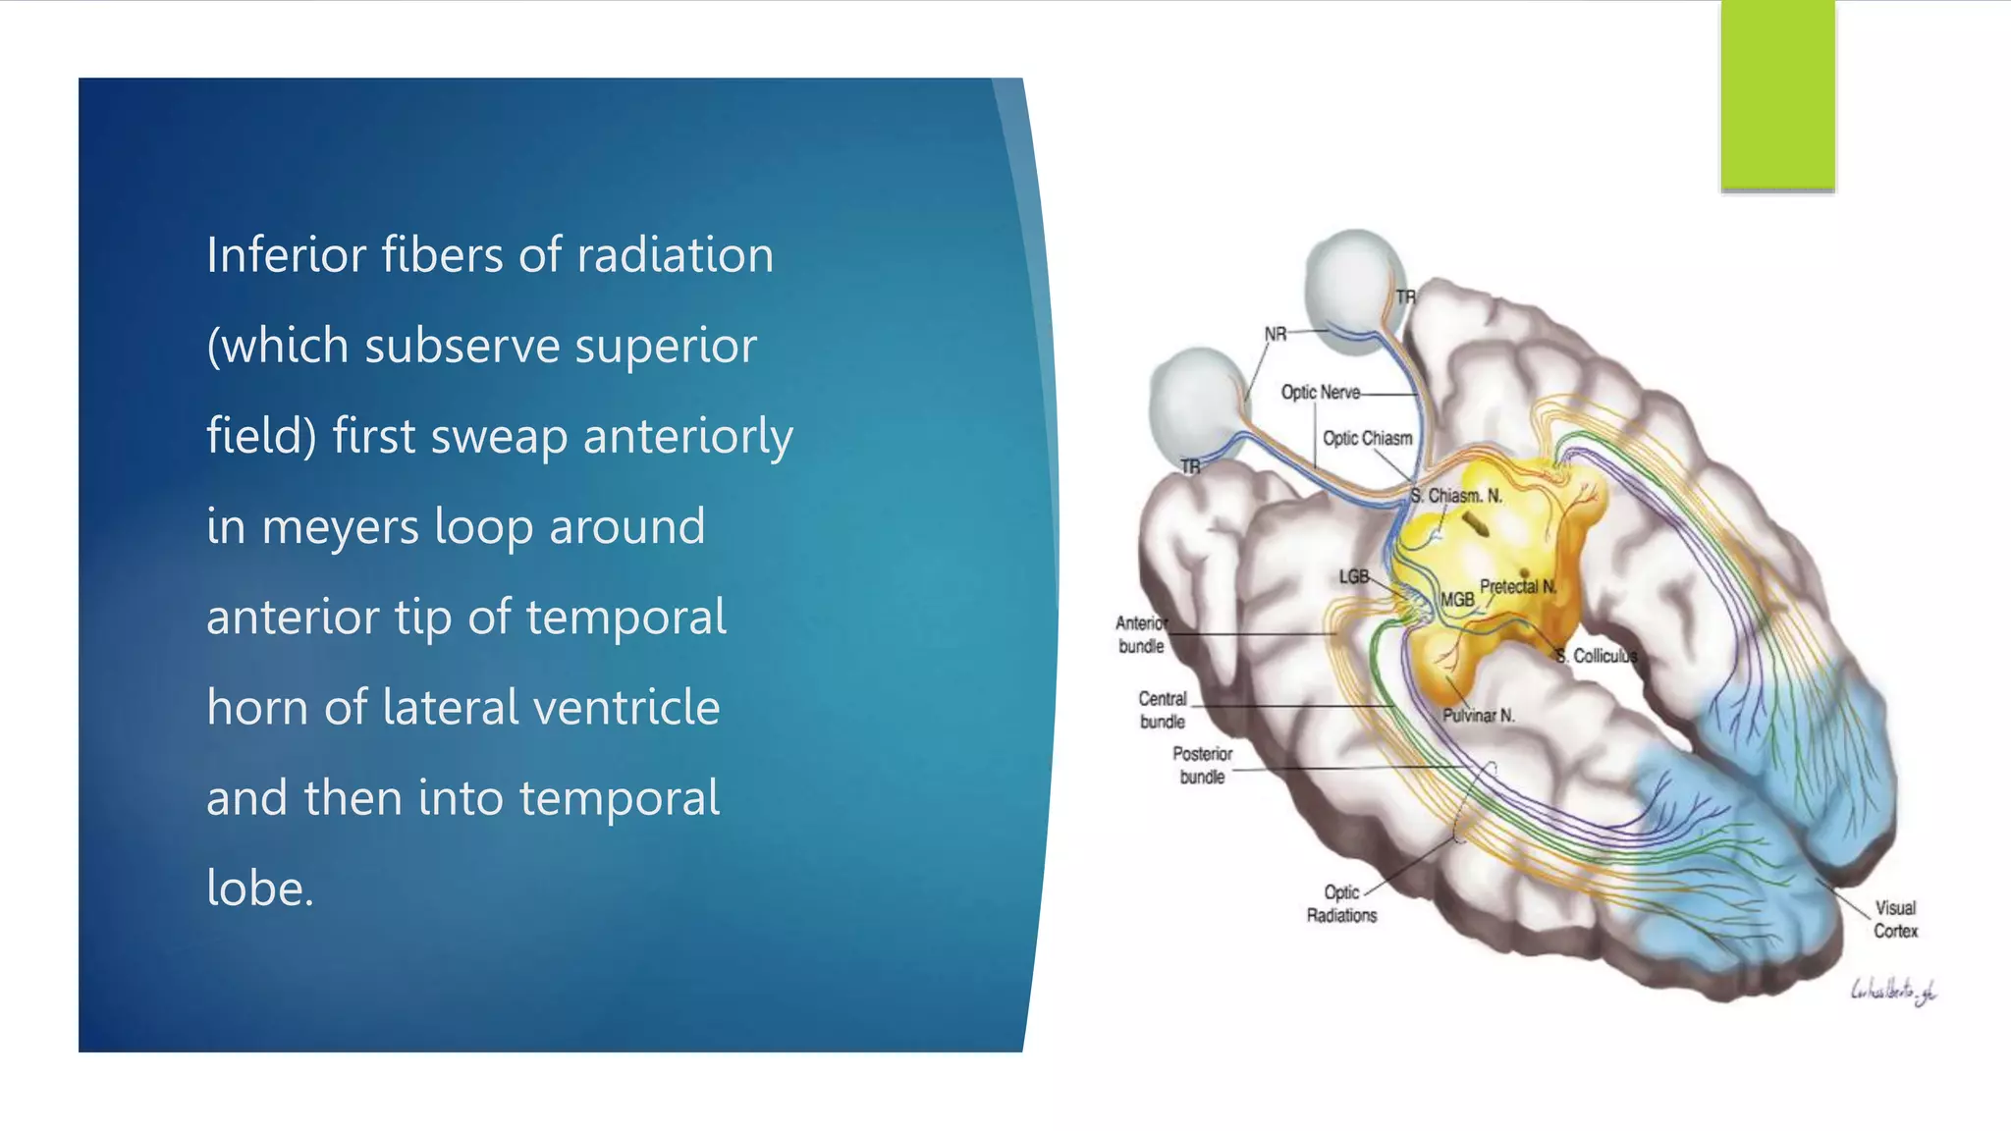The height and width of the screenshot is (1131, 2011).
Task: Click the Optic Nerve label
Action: click(x=1320, y=393)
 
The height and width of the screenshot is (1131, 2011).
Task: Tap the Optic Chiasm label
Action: click(x=1367, y=438)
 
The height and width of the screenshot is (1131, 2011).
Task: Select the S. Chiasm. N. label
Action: click(x=1456, y=496)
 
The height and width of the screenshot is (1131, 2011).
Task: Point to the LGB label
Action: click(x=1353, y=576)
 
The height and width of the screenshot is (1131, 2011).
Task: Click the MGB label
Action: click(x=1457, y=599)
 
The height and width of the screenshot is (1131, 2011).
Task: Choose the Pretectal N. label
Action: click(x=1518, y=586)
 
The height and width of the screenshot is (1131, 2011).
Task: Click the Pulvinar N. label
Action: click(x=1478, y=716)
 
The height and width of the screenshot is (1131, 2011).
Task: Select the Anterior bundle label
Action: click(x=1141, y=634)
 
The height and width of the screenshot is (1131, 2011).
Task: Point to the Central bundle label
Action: click(x=1163, y=710)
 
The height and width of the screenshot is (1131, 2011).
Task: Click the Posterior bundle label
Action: click(x=1202, y=765)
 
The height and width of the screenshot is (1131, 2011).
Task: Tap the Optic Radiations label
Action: click(x=1341, y=903)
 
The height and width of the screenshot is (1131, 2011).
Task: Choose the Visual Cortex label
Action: click(x=1895, y=919)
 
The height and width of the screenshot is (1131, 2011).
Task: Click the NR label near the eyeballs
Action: click(x=1275, y=334)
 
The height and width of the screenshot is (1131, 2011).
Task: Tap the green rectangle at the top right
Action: click(x=1777, y=93)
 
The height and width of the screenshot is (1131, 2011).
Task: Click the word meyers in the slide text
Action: click(x=340, y=527)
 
